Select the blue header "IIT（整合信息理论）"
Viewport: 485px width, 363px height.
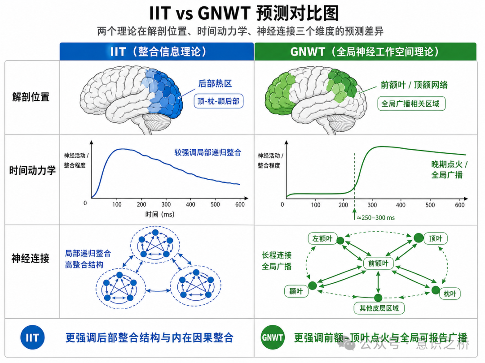pos(158,52)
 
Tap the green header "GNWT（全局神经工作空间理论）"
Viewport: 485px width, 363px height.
pos(365,52)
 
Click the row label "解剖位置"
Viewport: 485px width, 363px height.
pos(31,97)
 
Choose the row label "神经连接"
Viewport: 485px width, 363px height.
pos(31,259)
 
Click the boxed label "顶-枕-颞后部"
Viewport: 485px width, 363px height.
pos(218,102)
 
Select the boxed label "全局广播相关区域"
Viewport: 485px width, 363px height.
pos(410,104)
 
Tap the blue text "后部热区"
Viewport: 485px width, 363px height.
pos(215,84)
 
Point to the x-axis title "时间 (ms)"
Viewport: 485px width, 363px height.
pos(159,214)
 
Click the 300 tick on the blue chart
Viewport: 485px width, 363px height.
pos(166,204)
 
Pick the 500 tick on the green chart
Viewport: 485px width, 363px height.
pos(430,205)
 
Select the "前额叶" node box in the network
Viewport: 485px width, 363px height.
pos(378,264)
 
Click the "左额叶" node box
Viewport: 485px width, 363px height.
pos(322,239)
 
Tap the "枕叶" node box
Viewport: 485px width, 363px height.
pos(450,294)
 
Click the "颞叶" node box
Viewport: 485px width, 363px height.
pos(296,291)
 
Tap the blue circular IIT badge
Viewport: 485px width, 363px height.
pos(32,337)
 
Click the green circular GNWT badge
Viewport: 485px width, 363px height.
pos(273,337)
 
